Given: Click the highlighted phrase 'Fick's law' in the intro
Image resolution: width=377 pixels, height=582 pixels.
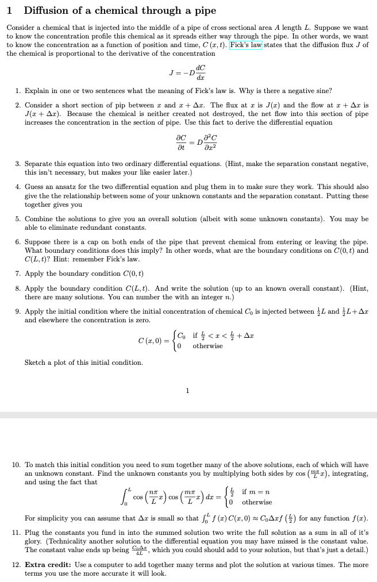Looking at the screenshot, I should [x=246, y=45].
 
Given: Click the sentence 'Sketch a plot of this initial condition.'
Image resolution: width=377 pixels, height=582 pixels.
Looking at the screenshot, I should [x=84, y=363].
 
